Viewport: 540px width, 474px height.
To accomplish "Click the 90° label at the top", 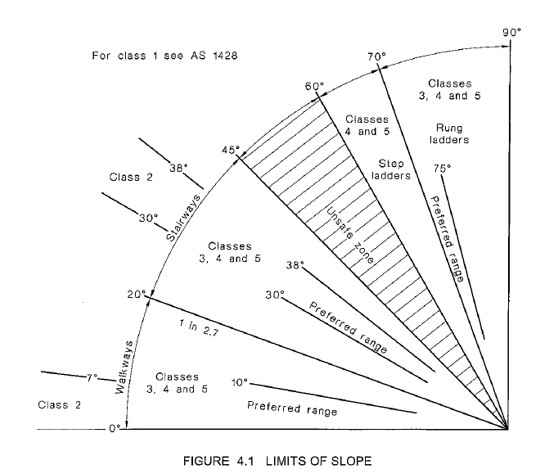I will tap(512, 33).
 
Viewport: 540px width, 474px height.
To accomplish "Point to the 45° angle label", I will tap(232, 150).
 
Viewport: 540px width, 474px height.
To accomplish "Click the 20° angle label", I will tap(136, 294).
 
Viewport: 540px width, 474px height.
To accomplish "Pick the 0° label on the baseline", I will tap(115, 428).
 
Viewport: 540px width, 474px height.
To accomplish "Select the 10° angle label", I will tap(239, 382).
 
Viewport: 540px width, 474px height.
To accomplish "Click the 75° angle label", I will tap(442, 169).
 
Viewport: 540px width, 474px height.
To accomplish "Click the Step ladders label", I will tap(391, 169).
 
